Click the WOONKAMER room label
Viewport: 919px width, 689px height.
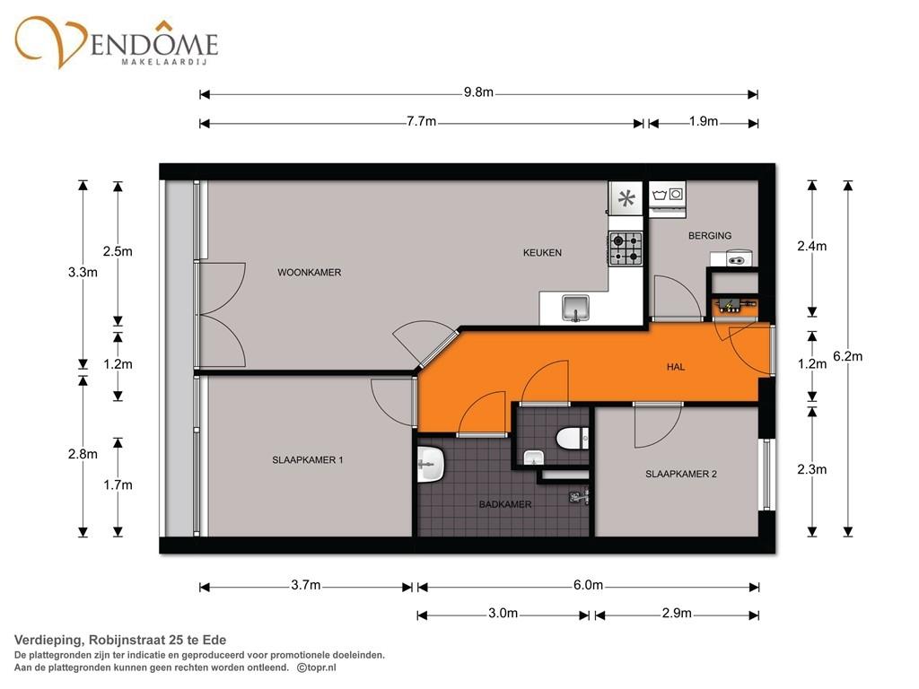(310, 273)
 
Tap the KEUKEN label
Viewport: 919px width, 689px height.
(542, 252)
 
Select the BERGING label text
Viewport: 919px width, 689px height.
(710, 236)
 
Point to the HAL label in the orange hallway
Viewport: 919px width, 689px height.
(676, 367)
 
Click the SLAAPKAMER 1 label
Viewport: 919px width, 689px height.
(308, 460)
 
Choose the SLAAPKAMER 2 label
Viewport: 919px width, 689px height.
(681, 474)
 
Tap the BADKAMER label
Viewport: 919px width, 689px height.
(505, 504)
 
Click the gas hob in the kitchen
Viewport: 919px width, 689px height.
(626, 249)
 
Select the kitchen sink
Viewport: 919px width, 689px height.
(575, 309)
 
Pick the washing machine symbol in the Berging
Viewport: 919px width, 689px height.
(668, 194)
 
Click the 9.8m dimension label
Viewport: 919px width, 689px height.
(478, 92)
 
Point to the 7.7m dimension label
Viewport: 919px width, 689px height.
(422, 122)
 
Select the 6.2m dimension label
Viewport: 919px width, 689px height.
(847, 356)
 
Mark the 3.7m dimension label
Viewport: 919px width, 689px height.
(306, 585)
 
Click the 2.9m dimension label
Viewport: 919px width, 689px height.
(677, 614)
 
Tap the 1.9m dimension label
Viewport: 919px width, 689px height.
(704, 121)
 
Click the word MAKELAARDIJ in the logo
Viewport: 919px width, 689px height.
(164, 62)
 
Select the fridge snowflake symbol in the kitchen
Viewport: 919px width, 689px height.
(626, 199)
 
